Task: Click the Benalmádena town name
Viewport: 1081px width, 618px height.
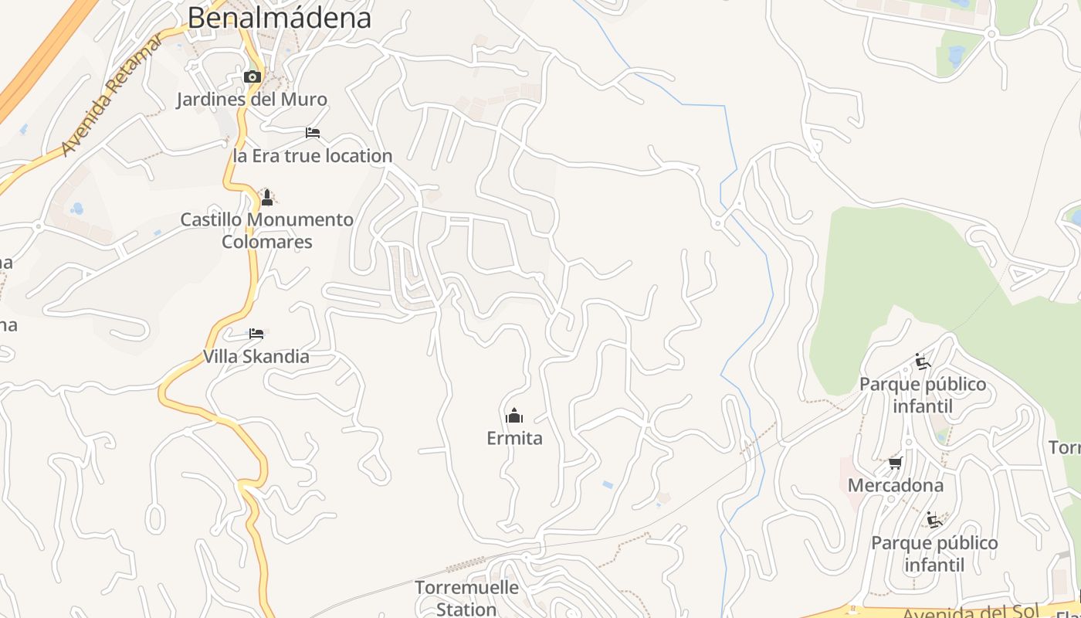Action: [x=279, y=17]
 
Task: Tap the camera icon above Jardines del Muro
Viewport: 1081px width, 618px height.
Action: [x=252, y=76]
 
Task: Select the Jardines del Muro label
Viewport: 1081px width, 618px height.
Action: [x=252, y=100]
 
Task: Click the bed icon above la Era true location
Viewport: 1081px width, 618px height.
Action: [x=313, y=133]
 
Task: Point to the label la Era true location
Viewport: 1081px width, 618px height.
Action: [x=313, y=156]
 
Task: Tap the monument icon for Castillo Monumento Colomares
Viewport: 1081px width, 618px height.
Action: [x=267, y=198]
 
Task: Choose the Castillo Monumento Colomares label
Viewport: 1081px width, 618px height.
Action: [x=267, y=230]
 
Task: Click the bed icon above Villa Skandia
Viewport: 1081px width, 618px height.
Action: [x=256, y=334]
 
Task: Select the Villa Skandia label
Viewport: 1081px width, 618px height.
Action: [x=256, y=357]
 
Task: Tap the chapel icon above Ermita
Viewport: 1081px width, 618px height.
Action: [x=514, y=416]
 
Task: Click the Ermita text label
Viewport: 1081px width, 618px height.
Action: [x=514, y=439]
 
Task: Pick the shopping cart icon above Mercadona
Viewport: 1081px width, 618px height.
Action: [x=896, y=463]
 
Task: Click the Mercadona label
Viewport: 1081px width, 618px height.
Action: [x=896, y=486]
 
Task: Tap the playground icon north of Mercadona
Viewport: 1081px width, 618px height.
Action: [x=922, y=361]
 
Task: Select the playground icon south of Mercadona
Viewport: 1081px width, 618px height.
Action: [x=934, y=520]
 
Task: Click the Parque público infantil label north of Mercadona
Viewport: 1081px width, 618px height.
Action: [x=923, y=395]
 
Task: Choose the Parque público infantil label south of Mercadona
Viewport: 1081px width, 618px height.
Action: [x=934, y=554]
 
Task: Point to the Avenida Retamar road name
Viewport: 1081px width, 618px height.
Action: [x=111, y=94]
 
